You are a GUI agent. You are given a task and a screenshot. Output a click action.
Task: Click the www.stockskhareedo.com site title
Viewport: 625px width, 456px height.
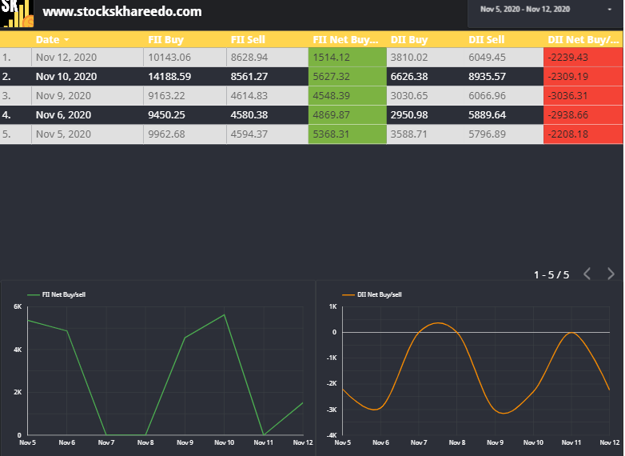click(x=121, y=12)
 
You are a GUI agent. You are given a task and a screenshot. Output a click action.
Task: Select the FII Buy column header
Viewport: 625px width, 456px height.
click(x=165, y=39)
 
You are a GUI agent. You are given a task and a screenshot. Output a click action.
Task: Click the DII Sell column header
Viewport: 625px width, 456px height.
click(x=486, y=39)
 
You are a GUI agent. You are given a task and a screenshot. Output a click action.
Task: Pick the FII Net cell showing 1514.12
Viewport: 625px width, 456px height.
click(x=347, y=57)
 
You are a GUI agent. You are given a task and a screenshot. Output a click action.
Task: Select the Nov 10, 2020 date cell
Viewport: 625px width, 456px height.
click(x=66, y=76)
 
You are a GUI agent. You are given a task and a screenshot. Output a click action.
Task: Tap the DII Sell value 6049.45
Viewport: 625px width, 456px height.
click(x=487, y=57)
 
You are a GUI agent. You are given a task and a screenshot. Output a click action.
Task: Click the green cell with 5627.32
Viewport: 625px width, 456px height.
click(x=347, y=76)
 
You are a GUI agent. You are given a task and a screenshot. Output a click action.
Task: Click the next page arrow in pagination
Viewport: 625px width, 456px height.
click(x=611, y=274)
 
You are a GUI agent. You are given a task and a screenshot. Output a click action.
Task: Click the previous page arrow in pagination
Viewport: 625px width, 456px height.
click(x=587, y=274)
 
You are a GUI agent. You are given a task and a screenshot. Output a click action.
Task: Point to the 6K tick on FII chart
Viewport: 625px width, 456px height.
click(x=18, y=306)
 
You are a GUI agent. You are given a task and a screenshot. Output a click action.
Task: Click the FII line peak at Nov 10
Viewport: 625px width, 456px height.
click(x=225, y=314)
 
